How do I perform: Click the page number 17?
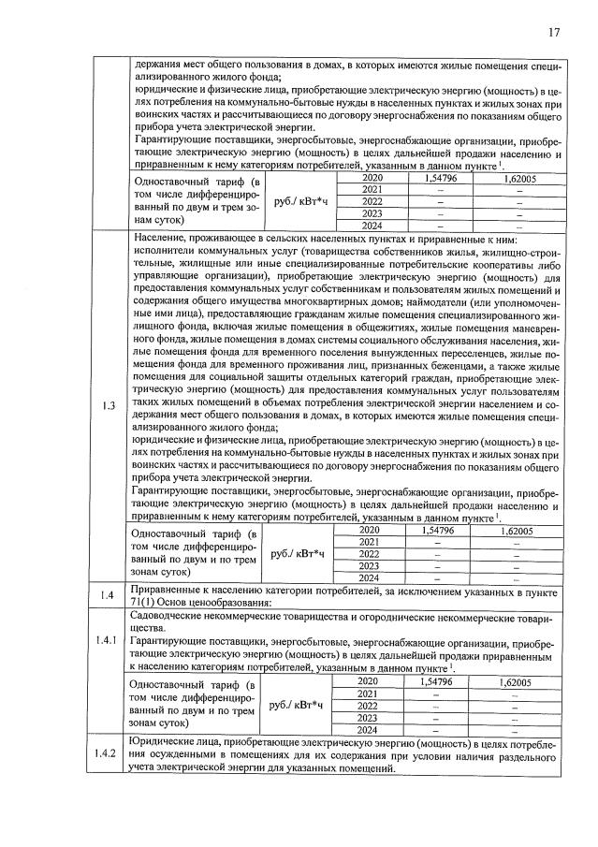[553, 33]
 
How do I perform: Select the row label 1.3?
[109, 406]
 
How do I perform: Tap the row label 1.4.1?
[109, 666]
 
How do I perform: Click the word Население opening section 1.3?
[160, 240]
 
